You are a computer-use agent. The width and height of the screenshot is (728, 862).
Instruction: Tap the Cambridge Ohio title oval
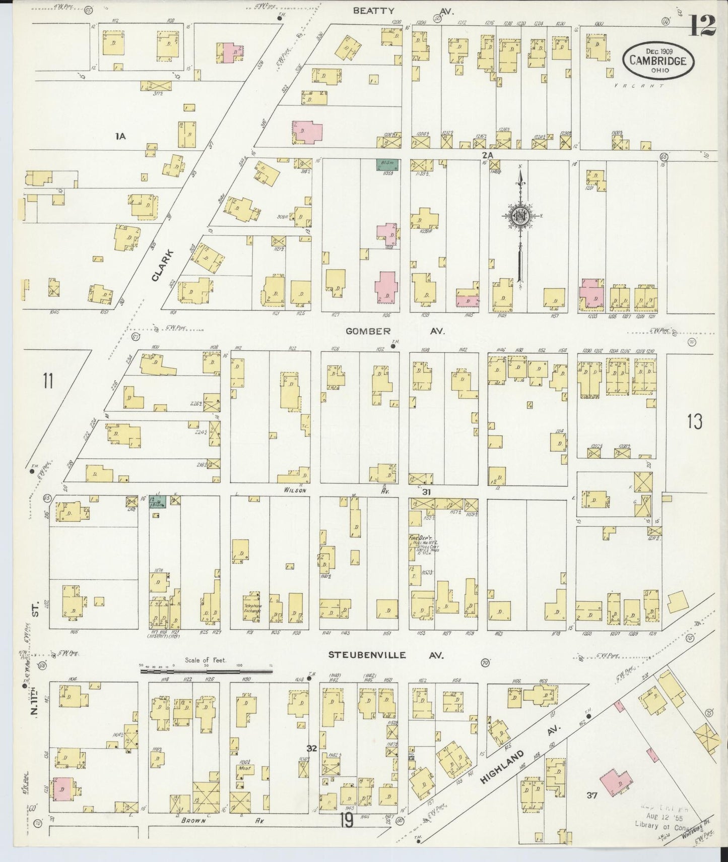pos(659,59)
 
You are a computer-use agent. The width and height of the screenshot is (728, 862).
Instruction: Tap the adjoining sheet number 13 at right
pos(694,421)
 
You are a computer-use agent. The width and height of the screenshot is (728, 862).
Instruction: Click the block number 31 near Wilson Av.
pos(427,491)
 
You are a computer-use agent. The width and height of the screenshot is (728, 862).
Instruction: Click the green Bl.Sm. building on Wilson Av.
pos(158,502)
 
